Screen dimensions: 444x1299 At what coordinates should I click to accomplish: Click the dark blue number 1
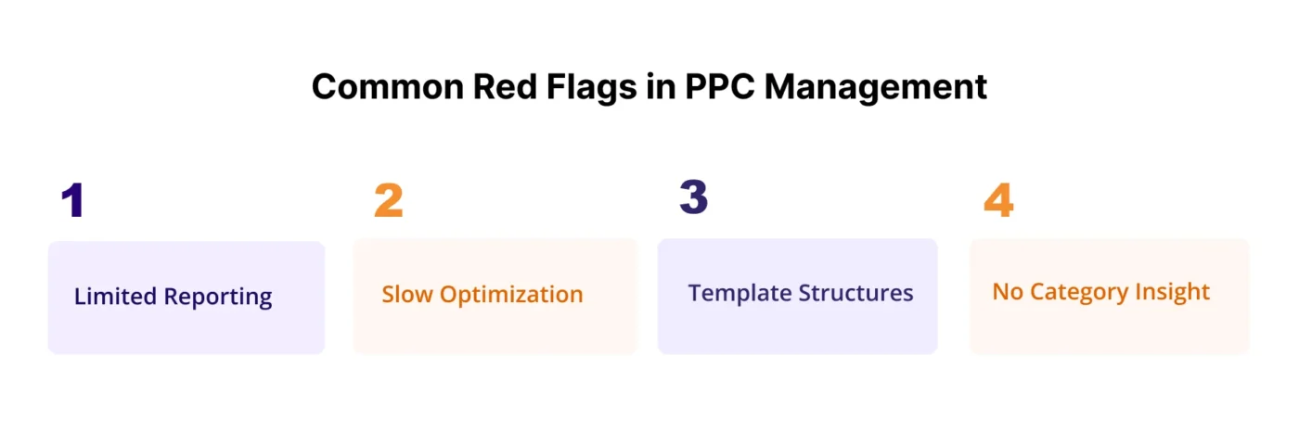(72, 200)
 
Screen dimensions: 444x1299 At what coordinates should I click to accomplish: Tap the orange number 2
(388, 200)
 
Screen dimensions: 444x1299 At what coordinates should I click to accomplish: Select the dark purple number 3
(693, 197)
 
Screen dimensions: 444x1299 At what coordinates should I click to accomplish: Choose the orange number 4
(998, 200)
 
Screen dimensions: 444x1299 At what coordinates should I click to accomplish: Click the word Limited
(115, 297)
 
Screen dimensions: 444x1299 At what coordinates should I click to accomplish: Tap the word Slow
(407, 295)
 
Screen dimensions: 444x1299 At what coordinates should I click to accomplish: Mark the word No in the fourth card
(1007, 292)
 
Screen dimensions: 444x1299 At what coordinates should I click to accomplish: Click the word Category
(1074, 293)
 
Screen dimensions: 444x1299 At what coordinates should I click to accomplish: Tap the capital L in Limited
(80, 297)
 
